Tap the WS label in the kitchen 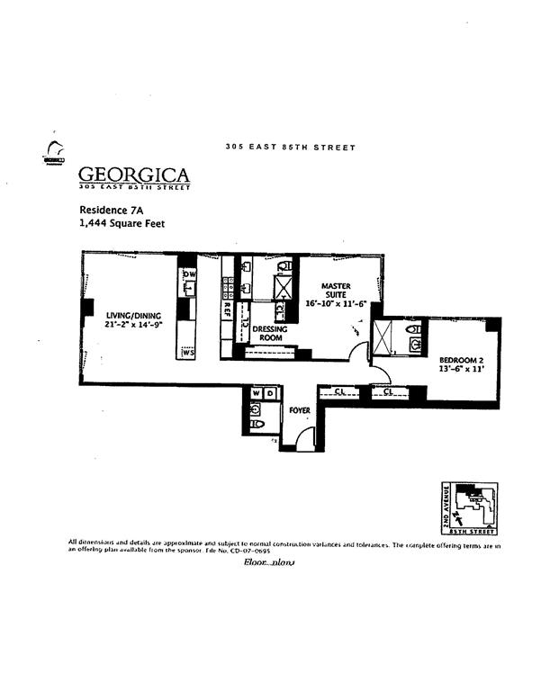[188, 353]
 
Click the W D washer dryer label [263, 393]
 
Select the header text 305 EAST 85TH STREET [290, 148]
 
